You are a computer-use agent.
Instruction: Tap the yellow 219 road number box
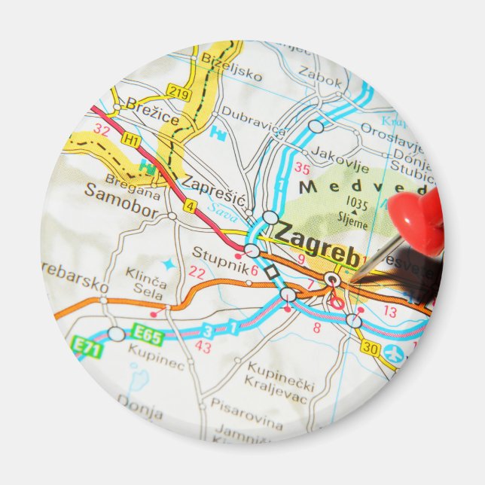tap(178, 93)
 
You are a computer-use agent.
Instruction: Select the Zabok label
tap(320, 72)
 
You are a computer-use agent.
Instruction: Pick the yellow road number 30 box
tap(369, 346)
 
